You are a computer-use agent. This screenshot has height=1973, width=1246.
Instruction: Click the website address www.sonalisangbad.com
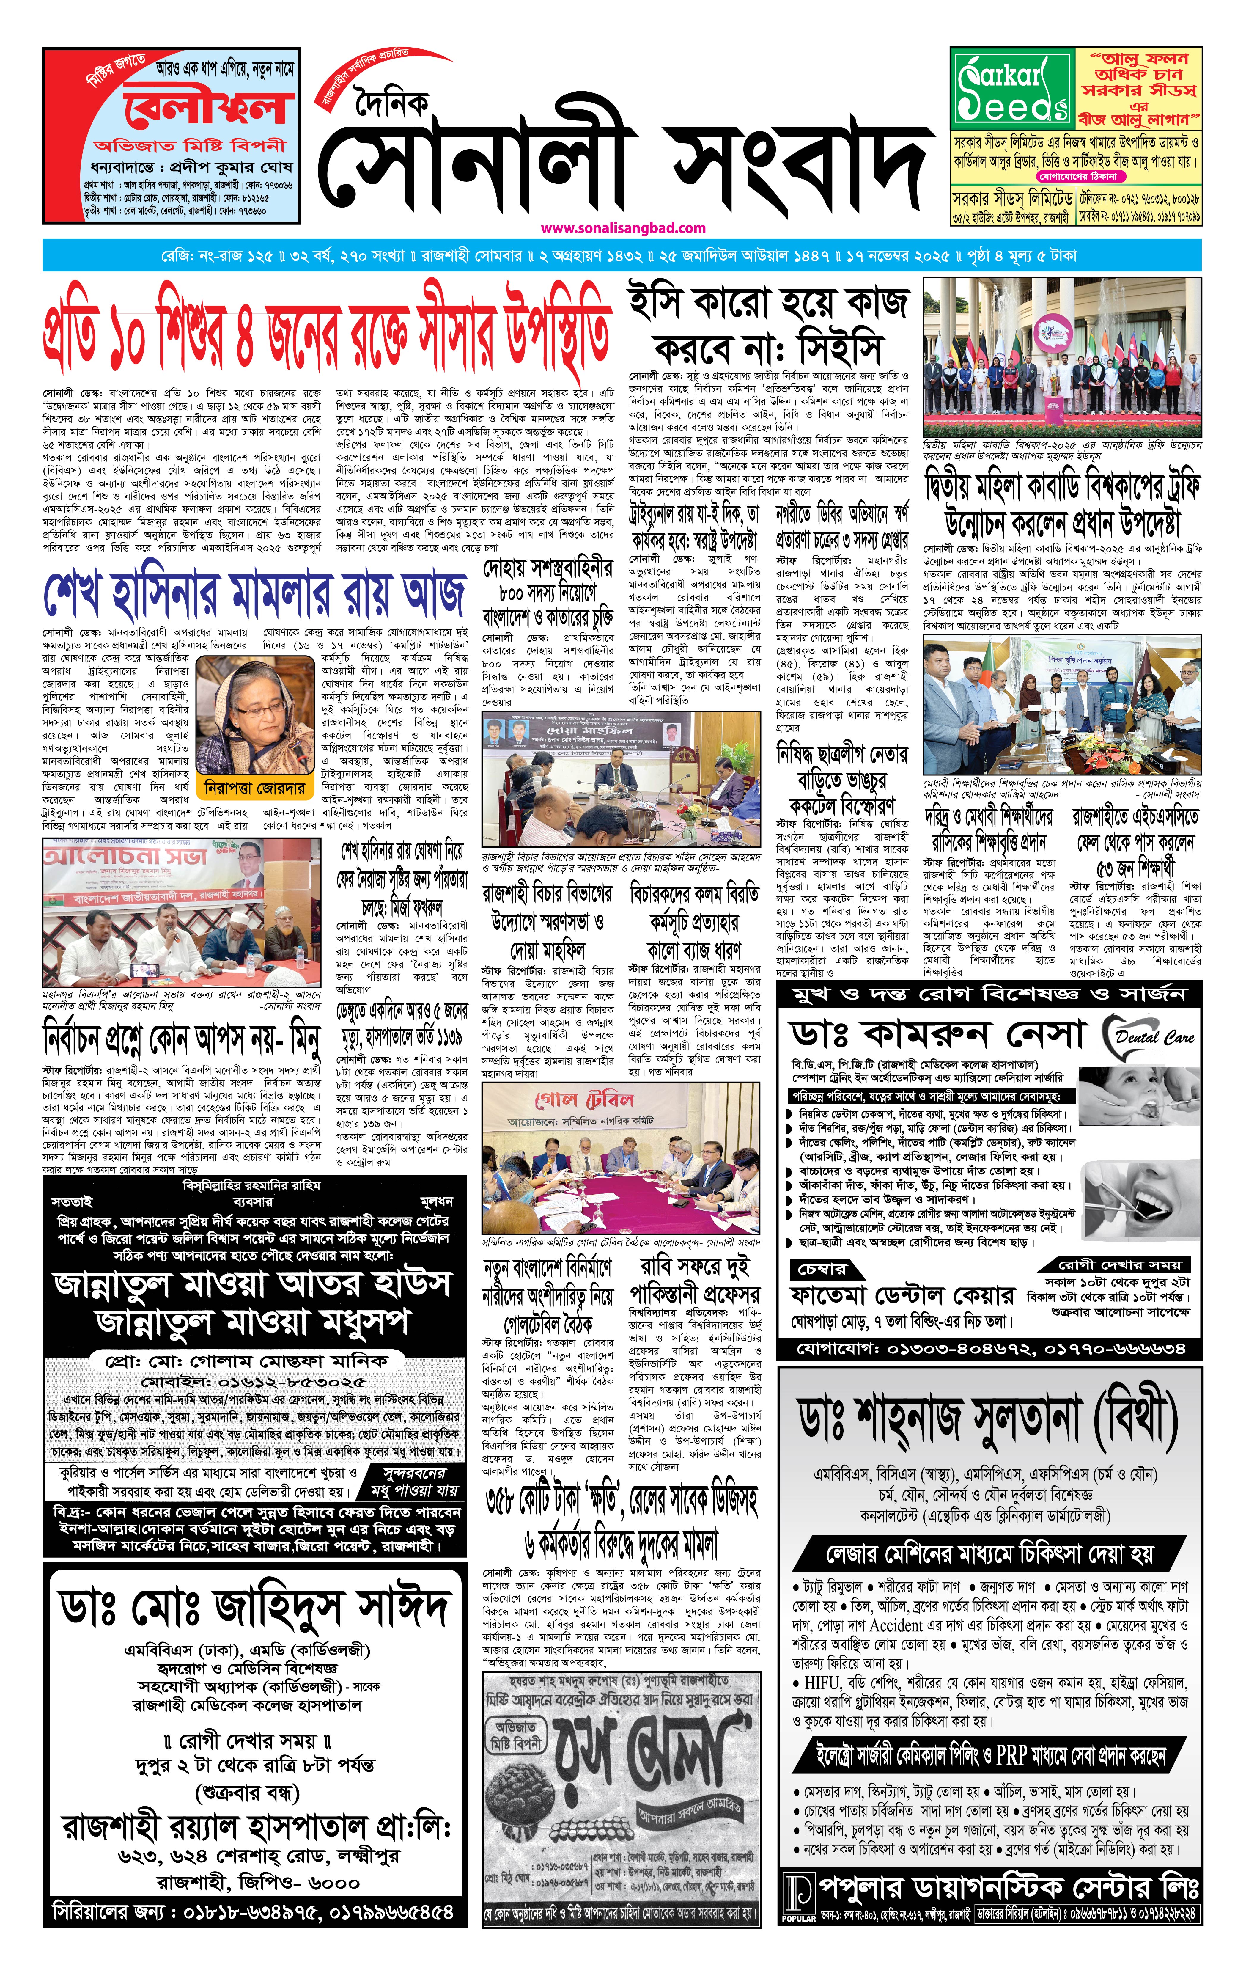pyautogui.click(x=623, y=228)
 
